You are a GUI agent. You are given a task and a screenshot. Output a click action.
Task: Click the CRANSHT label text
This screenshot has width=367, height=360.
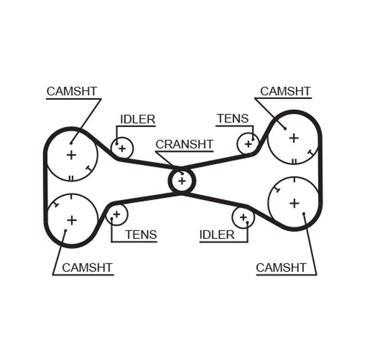(x=184, y=144)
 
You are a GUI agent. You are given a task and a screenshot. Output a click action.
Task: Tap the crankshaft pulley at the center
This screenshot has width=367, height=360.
(x=182, y=180)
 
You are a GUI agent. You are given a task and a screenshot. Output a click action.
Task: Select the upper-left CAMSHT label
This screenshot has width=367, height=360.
(x=72, y=91)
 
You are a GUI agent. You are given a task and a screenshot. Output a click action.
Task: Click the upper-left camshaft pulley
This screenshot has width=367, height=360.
(x=72, y=155)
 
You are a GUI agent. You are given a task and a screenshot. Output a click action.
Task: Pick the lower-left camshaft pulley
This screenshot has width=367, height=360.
(x=72, y=219)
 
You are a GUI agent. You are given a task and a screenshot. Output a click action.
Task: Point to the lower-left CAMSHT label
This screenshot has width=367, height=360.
(x=87, y=267)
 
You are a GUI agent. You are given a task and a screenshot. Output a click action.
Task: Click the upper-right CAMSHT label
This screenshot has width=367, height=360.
(x=285, y=91)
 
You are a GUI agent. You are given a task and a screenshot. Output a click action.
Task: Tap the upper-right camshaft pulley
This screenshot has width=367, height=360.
(x=294, y=138)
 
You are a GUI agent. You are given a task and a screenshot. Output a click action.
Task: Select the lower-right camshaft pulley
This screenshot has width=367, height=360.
(x=294, y=203)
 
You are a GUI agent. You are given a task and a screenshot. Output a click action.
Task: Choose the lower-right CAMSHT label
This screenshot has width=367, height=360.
(x=281, y=267)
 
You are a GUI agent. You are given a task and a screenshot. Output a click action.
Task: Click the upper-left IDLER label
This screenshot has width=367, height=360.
(x=138, y=119)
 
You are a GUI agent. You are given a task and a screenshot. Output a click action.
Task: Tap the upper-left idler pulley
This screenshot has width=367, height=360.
(x=122, y=148)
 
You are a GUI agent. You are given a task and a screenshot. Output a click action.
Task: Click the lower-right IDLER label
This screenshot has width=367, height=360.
(x=217, y=235)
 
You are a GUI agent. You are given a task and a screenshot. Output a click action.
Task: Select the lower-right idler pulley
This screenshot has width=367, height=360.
(x=243, y=217)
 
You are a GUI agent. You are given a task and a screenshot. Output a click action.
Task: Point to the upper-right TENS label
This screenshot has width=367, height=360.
(x=232, y=119)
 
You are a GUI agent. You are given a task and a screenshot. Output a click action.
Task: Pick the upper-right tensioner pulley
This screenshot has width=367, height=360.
(x=248, y=144)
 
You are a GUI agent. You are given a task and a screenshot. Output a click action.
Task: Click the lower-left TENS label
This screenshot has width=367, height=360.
(x=141, y=235)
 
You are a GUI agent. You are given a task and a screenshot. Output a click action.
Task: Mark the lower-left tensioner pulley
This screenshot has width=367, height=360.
(x=116, y=214)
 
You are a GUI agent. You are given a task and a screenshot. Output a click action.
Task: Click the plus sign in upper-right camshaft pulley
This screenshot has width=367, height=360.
(x=294, y=138)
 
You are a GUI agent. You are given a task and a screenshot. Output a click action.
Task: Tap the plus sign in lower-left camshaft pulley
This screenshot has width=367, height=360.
(x=72, y=219)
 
